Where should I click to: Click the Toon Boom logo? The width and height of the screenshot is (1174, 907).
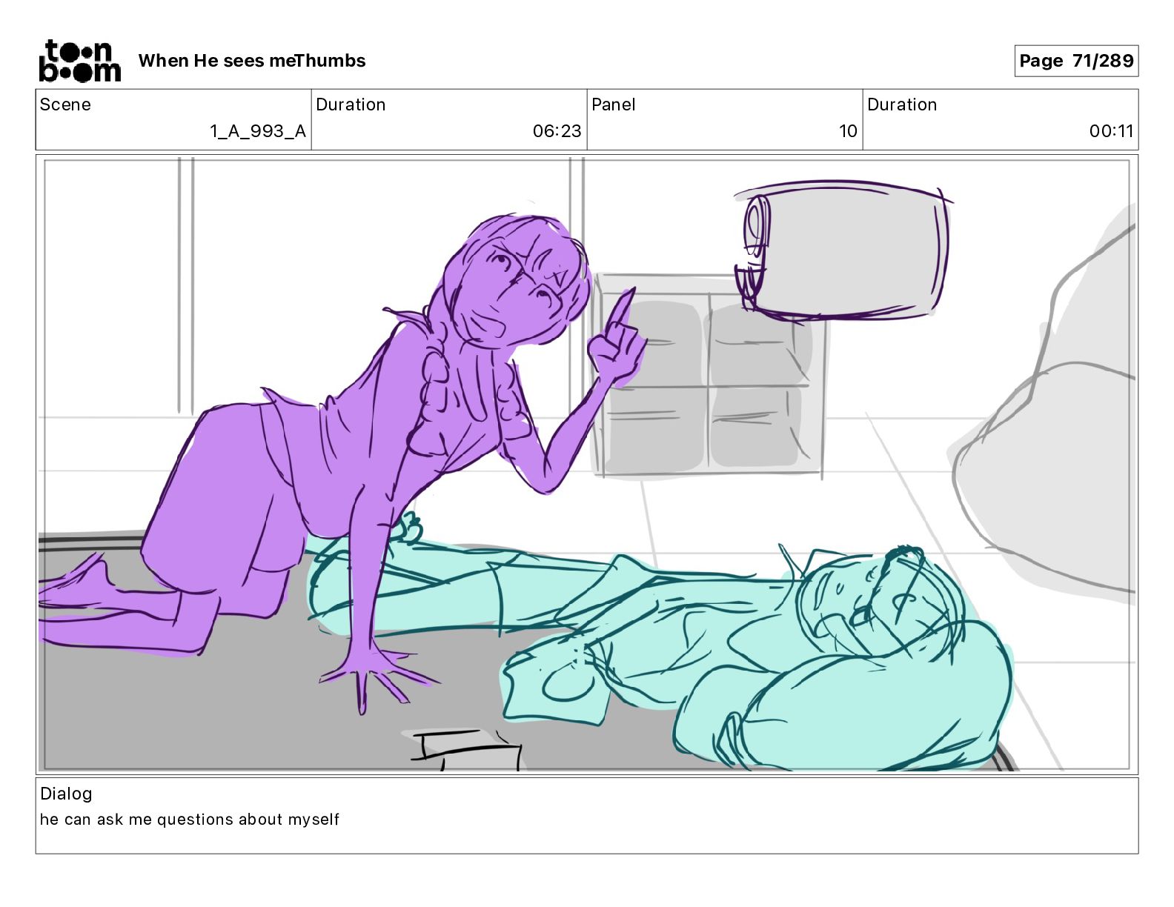[x=79, y=61]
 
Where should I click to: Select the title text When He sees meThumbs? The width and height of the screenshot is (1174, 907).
[x=251, y=61]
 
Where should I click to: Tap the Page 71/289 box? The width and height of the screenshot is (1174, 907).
[x=1075, y=61]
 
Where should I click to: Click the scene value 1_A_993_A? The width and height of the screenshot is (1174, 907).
[x=258, y=131]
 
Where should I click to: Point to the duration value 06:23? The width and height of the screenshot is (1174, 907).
[x=557, y=131]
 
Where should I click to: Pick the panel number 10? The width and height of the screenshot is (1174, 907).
[x=848, y=131]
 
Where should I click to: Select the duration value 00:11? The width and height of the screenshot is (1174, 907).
[x=1111, y=131]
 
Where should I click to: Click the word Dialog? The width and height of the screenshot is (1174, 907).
[x=66, y=794]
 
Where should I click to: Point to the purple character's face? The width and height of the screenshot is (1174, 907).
[x=526, y=289]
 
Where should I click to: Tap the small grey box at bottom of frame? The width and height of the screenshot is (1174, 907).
[x=463, y=750]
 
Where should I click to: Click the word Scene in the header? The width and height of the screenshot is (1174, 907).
[x=65, y=104]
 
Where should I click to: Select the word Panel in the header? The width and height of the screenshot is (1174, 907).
[x=613, y=104]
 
